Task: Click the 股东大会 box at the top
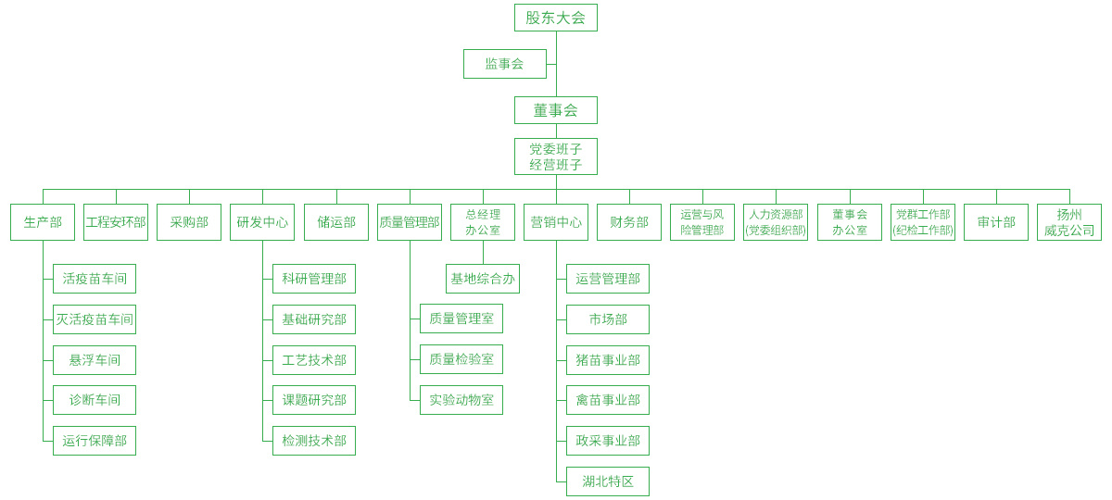point(555,18)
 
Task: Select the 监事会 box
point(504,64)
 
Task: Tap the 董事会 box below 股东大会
point(555,110)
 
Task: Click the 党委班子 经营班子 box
point(555,156)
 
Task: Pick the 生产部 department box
point(43,222)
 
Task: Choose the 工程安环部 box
point(116,222)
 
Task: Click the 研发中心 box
point(262,222)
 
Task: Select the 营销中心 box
point(556,222)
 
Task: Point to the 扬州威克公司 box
point(1069,222)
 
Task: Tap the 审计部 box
point(996,222)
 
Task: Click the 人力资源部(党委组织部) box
point(776,222)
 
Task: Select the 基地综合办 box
point(483,279)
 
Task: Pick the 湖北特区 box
point(608,481)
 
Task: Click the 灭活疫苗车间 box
point(95,319)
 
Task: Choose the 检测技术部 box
point(314,441)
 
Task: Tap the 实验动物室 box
point(461,400)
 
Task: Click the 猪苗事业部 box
point(608,360)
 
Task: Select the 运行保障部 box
point(95,441)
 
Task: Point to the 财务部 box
point(629,222)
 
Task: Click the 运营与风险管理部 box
point(702,222)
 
